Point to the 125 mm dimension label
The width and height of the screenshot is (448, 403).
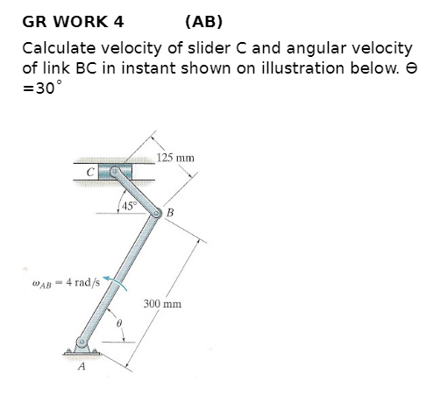tap(176, 159)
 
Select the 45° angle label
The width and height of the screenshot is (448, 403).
tap(129, 207)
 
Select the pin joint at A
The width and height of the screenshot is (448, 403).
tap(82, 342)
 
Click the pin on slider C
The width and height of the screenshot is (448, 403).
tap(115, 172)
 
